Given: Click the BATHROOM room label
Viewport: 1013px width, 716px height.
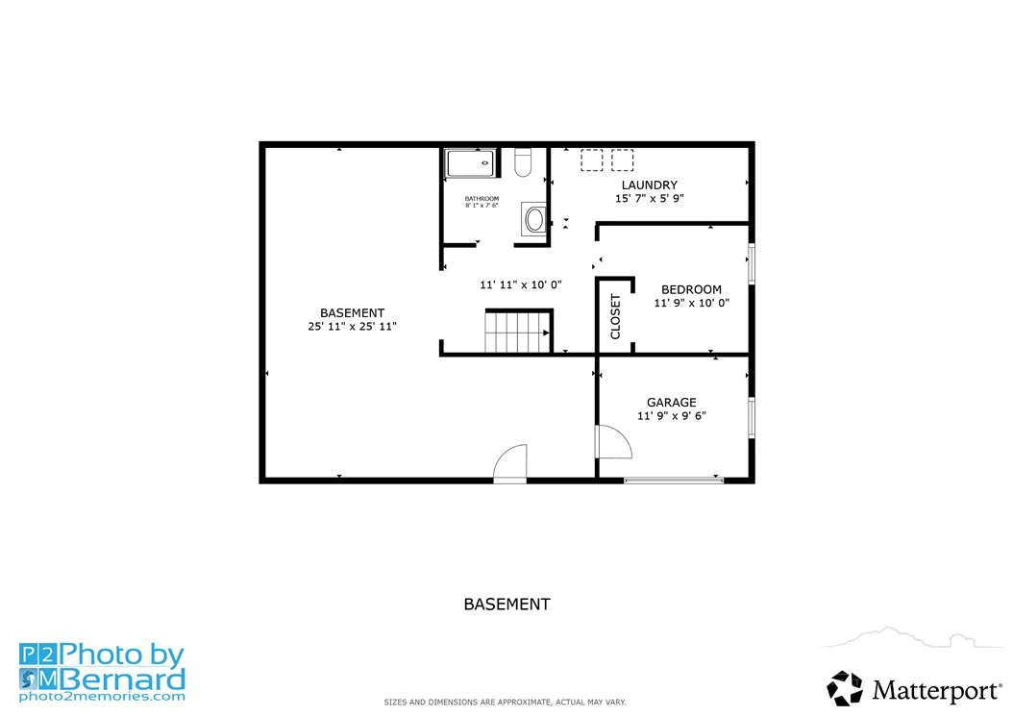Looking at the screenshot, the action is point(482,198).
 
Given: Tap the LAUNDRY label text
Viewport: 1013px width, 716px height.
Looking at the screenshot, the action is point(650,185).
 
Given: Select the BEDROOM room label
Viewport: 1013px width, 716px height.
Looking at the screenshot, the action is point(691,289).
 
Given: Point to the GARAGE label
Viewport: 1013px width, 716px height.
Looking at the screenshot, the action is point(672,402).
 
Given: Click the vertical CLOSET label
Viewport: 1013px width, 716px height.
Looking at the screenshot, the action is point(615,316).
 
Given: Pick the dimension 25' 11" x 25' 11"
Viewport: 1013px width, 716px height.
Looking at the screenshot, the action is point(352,327).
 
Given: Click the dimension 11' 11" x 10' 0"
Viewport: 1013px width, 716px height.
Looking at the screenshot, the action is point(521,284).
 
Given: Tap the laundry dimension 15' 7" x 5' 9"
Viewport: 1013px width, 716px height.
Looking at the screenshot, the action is point(650,198).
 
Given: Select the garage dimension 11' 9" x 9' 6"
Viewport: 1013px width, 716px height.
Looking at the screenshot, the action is point(672,415).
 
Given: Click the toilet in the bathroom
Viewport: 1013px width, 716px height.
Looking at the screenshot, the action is point(523,162).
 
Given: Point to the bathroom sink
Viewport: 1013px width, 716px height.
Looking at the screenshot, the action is point(534,219).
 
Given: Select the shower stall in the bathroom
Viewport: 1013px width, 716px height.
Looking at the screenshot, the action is point(472,162).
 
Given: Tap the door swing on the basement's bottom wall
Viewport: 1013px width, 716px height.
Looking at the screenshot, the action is point(509,463).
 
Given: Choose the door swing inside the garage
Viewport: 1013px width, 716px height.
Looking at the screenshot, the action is point(614,442).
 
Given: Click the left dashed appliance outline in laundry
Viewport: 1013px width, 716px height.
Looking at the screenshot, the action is point(591,160).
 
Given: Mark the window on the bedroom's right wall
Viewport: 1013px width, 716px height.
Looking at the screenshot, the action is point(752,263).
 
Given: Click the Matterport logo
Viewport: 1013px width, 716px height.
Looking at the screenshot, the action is point(914,689).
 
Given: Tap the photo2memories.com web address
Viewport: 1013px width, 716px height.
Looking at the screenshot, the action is point(102,697).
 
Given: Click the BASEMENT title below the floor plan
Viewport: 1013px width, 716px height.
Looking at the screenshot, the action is point(507,605).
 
